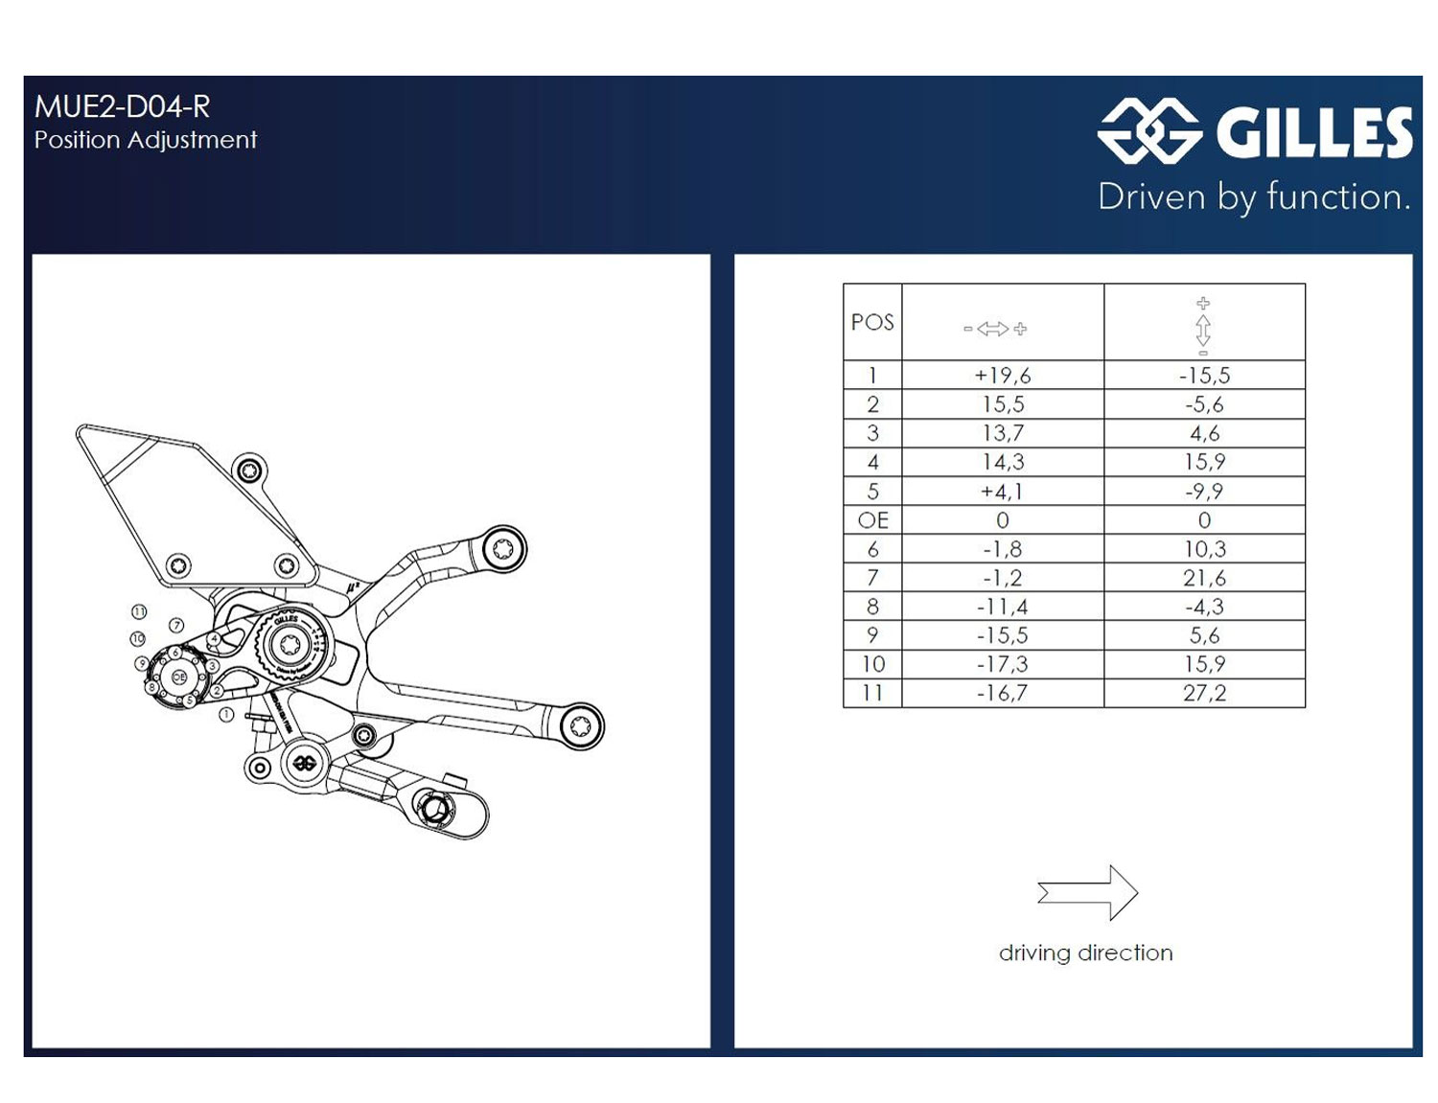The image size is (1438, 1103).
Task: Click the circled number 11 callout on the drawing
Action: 139,611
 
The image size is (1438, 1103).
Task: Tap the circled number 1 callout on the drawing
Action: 226,715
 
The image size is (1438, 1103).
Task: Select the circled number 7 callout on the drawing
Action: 176,625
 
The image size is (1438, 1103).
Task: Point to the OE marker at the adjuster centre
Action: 178,677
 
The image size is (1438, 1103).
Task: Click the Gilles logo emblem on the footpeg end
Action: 305,764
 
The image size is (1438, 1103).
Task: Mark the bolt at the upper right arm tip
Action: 502,549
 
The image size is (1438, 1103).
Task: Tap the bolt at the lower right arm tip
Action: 580,725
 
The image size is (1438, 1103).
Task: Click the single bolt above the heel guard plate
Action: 249,471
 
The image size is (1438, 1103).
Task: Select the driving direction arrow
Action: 1087,893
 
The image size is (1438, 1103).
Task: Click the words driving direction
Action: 1085,953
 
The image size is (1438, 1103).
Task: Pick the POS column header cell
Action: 872,322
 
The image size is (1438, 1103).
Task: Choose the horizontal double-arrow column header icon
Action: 994,329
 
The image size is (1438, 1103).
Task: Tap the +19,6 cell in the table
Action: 1002,376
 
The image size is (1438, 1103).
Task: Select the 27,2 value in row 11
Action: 1204,693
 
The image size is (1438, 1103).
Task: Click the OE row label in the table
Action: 872,520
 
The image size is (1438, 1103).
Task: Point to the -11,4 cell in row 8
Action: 1002,607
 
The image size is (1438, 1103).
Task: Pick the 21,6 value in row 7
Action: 1204,578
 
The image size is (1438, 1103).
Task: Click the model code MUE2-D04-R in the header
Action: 122,106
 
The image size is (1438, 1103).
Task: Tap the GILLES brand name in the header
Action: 1313,132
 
